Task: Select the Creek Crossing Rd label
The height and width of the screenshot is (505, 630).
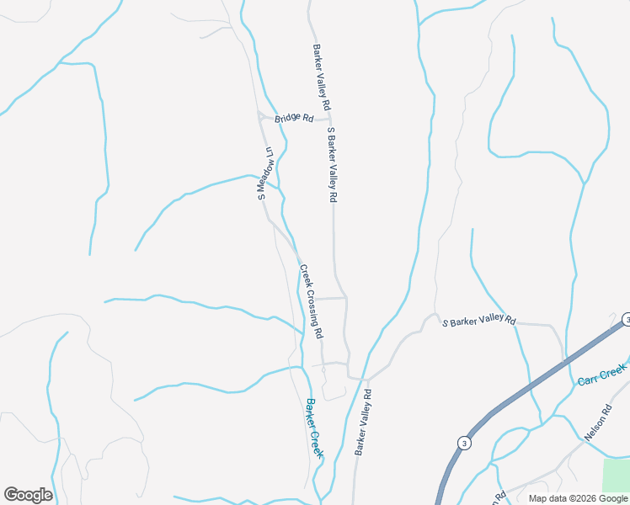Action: (311, 302)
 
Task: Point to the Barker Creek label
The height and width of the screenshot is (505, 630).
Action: (314, 428)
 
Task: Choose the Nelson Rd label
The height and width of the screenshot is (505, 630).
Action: (597, 426)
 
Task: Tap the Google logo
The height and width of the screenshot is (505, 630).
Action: (28, 495)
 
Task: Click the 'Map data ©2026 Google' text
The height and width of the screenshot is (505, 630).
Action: (578, 498)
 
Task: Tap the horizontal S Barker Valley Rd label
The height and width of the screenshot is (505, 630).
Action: (478, 322)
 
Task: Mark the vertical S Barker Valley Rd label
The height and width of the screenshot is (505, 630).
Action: (332, 165)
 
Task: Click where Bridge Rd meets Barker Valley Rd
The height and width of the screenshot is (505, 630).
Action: (330, 120)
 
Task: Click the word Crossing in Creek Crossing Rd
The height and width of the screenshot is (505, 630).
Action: (312, 303)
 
